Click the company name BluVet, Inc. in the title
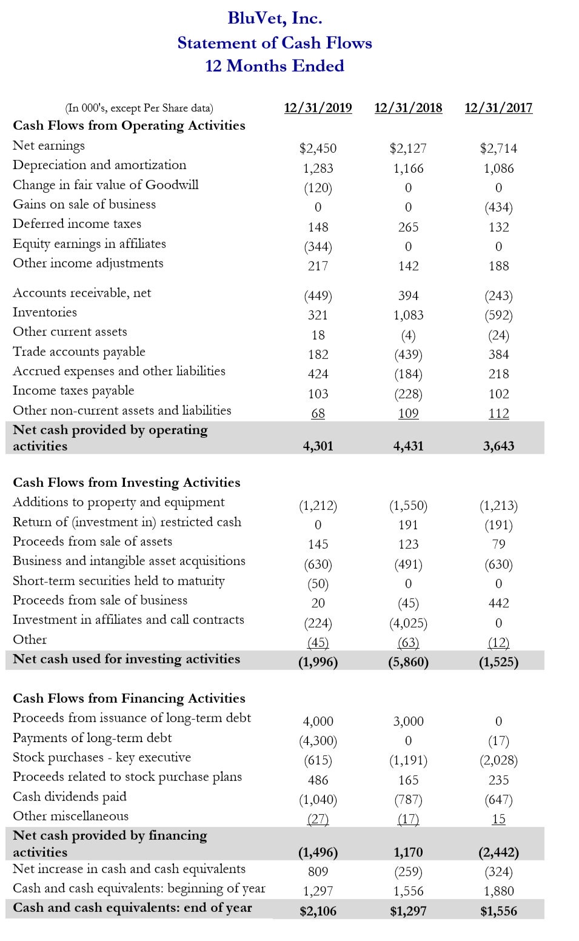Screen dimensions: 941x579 [x=275, y=18]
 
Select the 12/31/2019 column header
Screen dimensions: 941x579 [x=318, y=108]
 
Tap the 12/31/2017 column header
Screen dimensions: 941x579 [x=498, y=108]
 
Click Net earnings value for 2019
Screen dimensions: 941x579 [x=318, y=149]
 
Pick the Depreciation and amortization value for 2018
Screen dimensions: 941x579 [x=408, y=169]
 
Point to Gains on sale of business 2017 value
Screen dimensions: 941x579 [x=498, y=207]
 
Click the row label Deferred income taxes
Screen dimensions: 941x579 [x=77, y=224]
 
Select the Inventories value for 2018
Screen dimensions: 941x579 [x=408, y=315]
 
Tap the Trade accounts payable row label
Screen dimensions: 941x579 [x=79, y=352]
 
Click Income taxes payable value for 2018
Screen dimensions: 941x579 [x=408, y=394]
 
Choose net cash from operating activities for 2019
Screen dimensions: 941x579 [x=318, y=446]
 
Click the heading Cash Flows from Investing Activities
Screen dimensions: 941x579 [x=127, y=483]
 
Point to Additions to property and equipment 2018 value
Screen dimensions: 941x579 [x=408, y=506]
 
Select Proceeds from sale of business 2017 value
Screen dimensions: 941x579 [x=498, y=603]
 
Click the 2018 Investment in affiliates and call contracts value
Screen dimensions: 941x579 [x=408, y=623]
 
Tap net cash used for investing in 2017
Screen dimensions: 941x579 [x=498, y=662]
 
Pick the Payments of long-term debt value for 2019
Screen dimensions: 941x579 [x=318, y=741]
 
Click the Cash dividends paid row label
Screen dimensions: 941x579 [x=70, y=797]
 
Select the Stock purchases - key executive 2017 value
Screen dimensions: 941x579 [x=498, y=760]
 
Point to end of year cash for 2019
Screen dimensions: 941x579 [x=318, y=911]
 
